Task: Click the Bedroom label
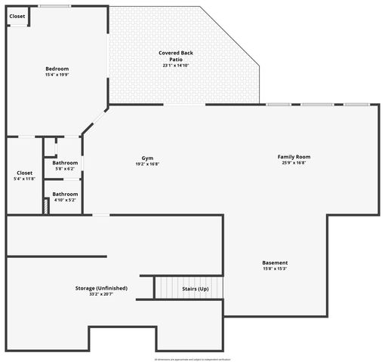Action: (57, 69)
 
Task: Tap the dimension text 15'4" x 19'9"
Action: (57, 75)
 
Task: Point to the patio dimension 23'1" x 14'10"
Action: (175, 66)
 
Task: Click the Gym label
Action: (147, 158)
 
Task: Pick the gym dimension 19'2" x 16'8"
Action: (147, 164)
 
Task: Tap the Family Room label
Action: (294, 157)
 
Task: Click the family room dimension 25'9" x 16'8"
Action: (294, 163)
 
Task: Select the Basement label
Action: (275, 262)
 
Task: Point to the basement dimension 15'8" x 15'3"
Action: (275, 268)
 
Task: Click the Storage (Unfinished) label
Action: (101, 288)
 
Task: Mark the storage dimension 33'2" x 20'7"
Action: (101, 294)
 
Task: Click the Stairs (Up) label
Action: (196, 288)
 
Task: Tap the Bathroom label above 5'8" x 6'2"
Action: (65, 163)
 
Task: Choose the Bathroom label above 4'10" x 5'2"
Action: (65, 194)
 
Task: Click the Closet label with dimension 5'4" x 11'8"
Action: (24, 173)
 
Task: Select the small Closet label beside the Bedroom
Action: (17, 16)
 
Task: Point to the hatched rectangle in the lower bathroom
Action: (47, 205)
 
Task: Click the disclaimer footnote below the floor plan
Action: (192, 359)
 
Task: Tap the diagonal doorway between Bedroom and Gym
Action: (94, 120)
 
